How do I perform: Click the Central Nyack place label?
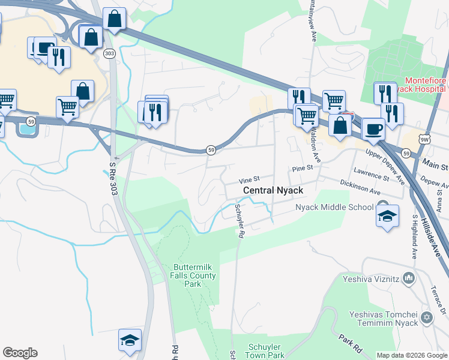point(273,191)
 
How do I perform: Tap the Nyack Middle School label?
point(334,208)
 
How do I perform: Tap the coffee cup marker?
point(373,130)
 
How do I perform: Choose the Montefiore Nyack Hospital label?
point(426,86)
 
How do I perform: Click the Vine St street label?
point(249,179)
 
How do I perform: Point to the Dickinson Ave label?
point(360,187)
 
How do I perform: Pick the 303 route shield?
point(109,53)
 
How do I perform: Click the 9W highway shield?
point(424,140)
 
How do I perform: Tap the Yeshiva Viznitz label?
point(371,278)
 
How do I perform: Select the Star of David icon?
point(427,317)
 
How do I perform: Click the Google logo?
point(20,353)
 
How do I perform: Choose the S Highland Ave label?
point(414,238)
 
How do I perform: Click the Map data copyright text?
point(412,355)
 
